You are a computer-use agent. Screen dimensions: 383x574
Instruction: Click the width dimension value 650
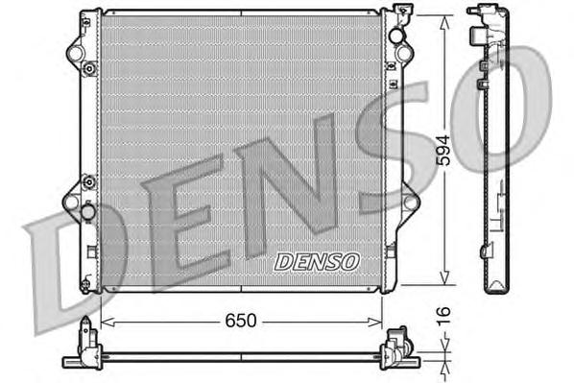[242, 321]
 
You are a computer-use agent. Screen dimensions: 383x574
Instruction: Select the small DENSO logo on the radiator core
[316, 261]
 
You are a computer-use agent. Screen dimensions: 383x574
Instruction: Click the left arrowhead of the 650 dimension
[105, 321]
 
